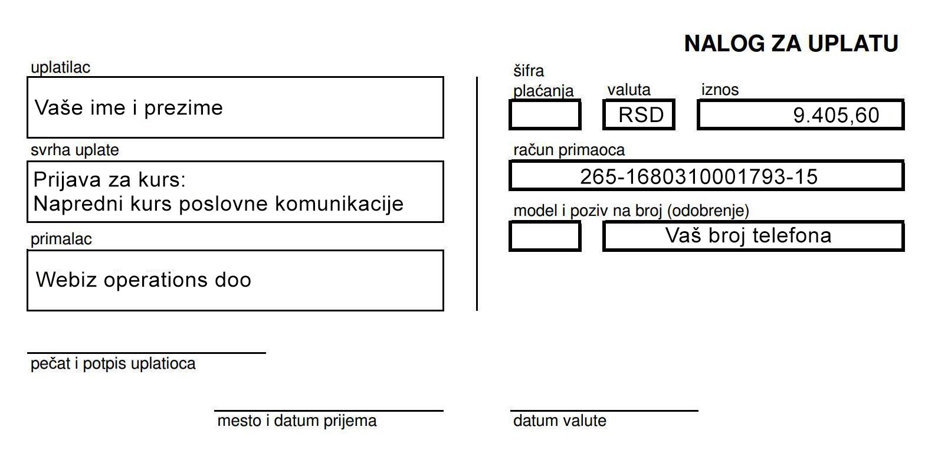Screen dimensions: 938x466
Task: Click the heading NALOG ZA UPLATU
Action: point(791,44)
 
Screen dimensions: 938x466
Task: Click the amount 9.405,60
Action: point(836,115)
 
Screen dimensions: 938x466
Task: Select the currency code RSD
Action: point(641,114)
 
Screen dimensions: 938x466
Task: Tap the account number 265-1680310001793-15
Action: point(698,177)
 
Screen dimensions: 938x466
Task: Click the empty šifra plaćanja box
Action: point(545,114)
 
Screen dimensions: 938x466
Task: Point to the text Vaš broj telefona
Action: point(748,235)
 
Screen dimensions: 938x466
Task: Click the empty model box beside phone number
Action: point(545,236)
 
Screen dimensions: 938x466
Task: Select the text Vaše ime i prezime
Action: point(129,108)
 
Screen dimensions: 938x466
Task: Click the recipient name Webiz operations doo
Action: point(143,280)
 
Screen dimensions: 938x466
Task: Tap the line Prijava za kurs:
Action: point(109,180)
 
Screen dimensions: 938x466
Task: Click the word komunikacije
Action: point(339,204)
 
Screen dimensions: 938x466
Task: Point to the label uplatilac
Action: point(61,68)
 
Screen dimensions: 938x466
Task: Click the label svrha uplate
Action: point(75,150)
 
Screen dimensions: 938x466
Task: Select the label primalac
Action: point(61,239)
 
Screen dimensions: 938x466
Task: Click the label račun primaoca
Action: point(569,150)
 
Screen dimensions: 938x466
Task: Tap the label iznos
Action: point(720,90)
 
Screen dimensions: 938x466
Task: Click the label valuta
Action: point(629,90)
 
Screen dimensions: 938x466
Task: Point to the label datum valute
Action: point(560,421)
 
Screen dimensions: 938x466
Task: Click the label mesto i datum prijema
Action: point(297,421)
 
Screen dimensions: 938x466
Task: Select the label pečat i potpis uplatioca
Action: point(113,363)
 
